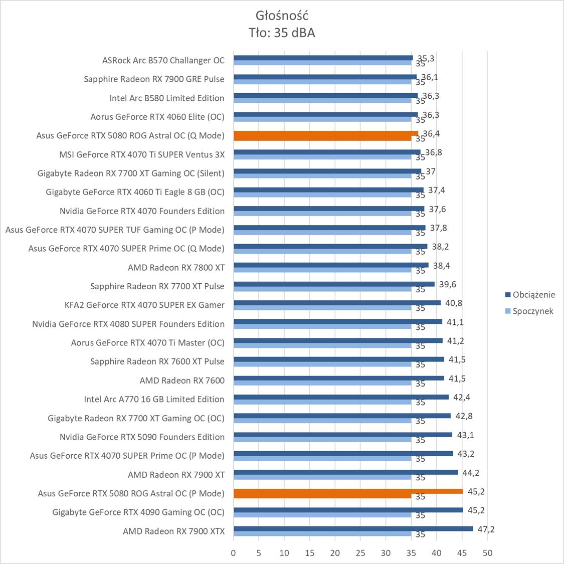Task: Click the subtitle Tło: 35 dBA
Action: (281, 33)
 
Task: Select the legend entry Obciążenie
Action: (533, 295)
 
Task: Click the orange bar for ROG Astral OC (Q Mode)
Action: (326, 134)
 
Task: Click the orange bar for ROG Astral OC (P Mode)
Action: (348, 491)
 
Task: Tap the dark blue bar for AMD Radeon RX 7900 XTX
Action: (353, 529)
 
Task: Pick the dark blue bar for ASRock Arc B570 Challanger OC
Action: (323, 58)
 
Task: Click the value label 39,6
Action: (447, 284)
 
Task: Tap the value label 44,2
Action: (470, 473)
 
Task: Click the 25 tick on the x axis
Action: (360, 553)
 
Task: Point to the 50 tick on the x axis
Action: (487, 553)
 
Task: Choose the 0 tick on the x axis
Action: (233, 553)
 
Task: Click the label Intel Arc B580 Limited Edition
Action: (167, 98)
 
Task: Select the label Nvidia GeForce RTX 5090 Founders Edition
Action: (142, 437)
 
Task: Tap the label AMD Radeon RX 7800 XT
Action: (176, 267)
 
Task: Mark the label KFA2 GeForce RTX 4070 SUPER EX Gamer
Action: (144, 305)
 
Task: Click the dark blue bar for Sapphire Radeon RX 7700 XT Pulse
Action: (334, 284)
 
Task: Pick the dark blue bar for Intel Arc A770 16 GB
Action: (341, 397)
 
